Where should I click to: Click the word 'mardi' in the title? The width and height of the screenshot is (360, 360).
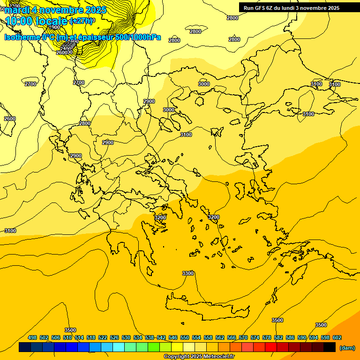pyautogui.click(x=17, y=10)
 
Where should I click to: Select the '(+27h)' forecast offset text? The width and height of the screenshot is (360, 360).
pyautogui.click(x=81, y=21)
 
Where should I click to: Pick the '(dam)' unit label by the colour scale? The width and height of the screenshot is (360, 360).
pyautogui.click(x=347, y=347)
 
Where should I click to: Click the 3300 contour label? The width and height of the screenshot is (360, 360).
pyautogui.click(x=188, y=273)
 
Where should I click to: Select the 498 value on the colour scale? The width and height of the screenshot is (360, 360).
pyautogui.click(x=32, y=337)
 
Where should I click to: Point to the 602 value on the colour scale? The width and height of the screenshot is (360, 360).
pyautogui.click(x=337, y=337)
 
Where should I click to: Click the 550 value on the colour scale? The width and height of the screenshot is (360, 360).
pyautogui.click(x=185, y=337)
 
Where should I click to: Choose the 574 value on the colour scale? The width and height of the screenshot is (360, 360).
pyautogui.click(x=255, y=337)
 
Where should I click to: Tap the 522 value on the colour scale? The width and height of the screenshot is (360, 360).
pyautogui.click(x=103, y=337)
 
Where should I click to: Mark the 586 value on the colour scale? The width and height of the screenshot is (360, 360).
pyautogui.click(x=290, y=337)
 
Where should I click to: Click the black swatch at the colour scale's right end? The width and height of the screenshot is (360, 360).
pyautogui.click(x=330, y=347)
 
